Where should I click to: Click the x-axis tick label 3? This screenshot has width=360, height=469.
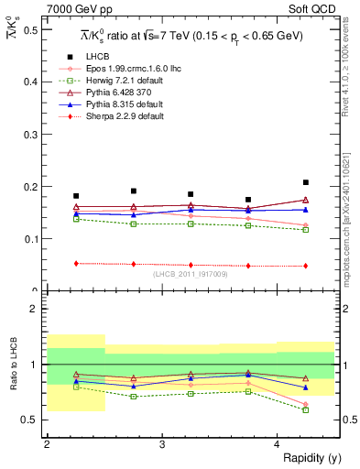click(x=161, y=444)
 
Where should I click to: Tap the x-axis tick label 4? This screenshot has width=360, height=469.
click(x=277, y=444)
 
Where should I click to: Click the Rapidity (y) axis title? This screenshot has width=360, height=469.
click(x=307, y=457)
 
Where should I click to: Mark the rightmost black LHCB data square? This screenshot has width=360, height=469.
click(x=306, y=182)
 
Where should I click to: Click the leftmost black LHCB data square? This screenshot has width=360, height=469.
click(x=76, y=196)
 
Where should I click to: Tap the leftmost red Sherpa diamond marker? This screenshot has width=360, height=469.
click(x=76, y=263)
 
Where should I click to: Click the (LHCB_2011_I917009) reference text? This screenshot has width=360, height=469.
click(x=191, y=274)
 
